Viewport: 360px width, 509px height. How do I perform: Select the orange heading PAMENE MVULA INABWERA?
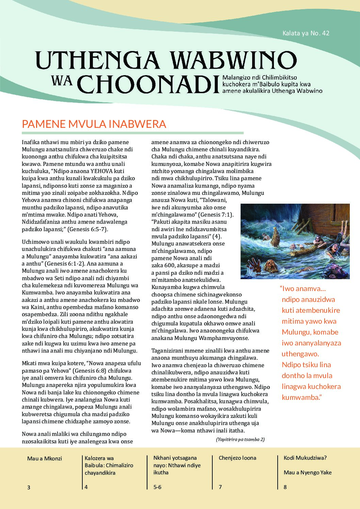point(94,124)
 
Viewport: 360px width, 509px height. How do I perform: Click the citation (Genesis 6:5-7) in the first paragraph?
point(87,229)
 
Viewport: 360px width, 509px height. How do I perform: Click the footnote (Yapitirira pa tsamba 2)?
point(240,439)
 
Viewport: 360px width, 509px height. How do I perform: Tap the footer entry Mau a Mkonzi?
point(45,458)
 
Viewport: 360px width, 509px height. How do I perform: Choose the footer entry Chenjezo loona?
point(238,458)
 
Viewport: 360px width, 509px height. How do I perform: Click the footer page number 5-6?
point(158,487)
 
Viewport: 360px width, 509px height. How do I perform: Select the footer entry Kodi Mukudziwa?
point(305,458)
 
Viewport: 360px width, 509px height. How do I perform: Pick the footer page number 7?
point(220,487)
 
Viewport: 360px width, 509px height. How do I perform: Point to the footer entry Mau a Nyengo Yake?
point(308,472)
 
